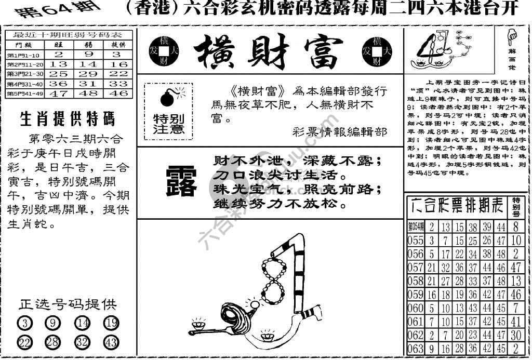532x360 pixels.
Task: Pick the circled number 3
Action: pos(24,323)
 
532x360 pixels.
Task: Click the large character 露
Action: pos(180,182)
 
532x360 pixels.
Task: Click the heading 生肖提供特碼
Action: pos(67,119)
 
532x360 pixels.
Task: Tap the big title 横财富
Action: pos(269,52)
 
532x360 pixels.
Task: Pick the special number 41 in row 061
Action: pos(515,322)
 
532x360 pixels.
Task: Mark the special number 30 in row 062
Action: pos(515,335)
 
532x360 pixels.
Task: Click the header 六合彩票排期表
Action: pos(457,206)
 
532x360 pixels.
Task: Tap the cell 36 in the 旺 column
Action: pos(59,84)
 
